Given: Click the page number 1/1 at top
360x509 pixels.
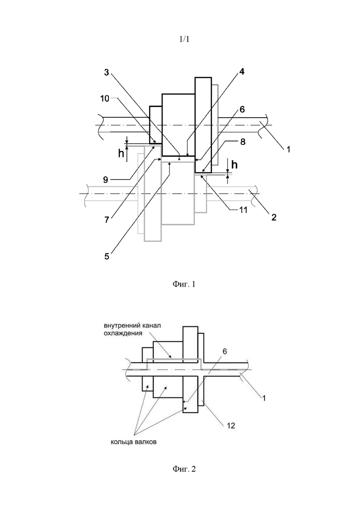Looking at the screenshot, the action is click(x=184, y=39).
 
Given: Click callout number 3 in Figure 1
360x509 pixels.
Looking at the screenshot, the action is click(x=107, y=72).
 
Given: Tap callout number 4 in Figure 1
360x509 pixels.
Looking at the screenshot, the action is click(x=242, y=72).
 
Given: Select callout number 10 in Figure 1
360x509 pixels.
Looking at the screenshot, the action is click(x=105, y=98).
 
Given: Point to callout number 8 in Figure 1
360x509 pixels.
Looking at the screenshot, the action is click(x=243, y=142).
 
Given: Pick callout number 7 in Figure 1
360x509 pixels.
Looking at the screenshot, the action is click(x=106, y=220).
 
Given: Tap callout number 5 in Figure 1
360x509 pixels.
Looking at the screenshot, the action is click(x=107, y=256).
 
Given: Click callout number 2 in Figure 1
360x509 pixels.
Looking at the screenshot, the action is click(x=274, y=217).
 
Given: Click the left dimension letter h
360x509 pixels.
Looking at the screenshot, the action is click(x=121, y=153).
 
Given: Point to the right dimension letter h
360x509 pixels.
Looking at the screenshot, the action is click(x=234, y=165).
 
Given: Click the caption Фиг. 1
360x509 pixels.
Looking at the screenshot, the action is click(x=184, y=284).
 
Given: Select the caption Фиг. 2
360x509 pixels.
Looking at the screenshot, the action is click(x=184, y=469).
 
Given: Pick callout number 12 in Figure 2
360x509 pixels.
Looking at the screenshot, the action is click(x=231, y=425).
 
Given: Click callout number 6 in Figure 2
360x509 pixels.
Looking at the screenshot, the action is click(x=225, y=352).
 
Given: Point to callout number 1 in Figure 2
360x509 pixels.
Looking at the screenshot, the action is click(x=264, y=398).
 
